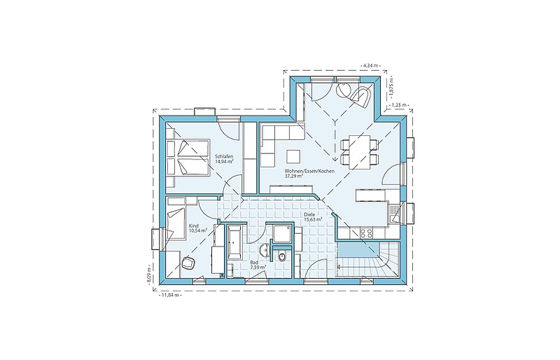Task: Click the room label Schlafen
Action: (224, 157)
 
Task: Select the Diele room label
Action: (309, 215)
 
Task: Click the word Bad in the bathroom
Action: (253, 263)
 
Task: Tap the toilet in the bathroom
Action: (282, 256)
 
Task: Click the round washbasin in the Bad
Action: (265, 249)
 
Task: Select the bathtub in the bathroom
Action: (235, 242)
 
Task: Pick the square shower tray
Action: (282, 233)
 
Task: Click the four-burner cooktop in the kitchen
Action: (366, 233)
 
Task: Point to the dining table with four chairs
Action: (360, 151)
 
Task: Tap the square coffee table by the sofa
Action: (293, 158)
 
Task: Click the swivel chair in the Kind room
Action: (188, 263)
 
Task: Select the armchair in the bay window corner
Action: (360, 96)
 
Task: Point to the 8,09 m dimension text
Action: (148, 274)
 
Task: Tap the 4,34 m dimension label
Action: (371, 65)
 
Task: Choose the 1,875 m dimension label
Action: (391, 87)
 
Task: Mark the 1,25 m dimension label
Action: (399, 105)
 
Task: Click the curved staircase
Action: (368, 259)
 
